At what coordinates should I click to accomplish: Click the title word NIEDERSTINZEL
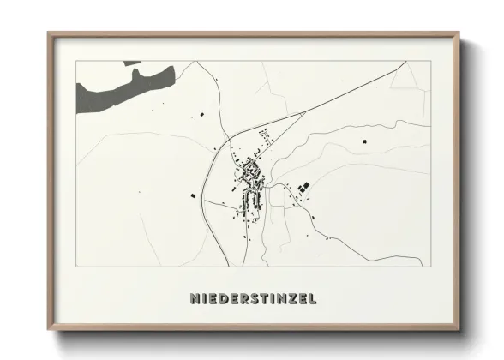pyautogui.click(x=252, y=299)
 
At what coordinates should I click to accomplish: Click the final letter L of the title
pyautogui.click(x=312, y=299)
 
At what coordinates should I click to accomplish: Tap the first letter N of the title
pyautogui.click(x=193, y=299)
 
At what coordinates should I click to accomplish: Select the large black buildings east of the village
pyautogui.click(x=303, y=187)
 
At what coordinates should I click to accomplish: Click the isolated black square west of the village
pyautogui.click(x=193, y=195)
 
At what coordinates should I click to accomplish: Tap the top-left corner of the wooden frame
pyautogui.click(x=50, y=34)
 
